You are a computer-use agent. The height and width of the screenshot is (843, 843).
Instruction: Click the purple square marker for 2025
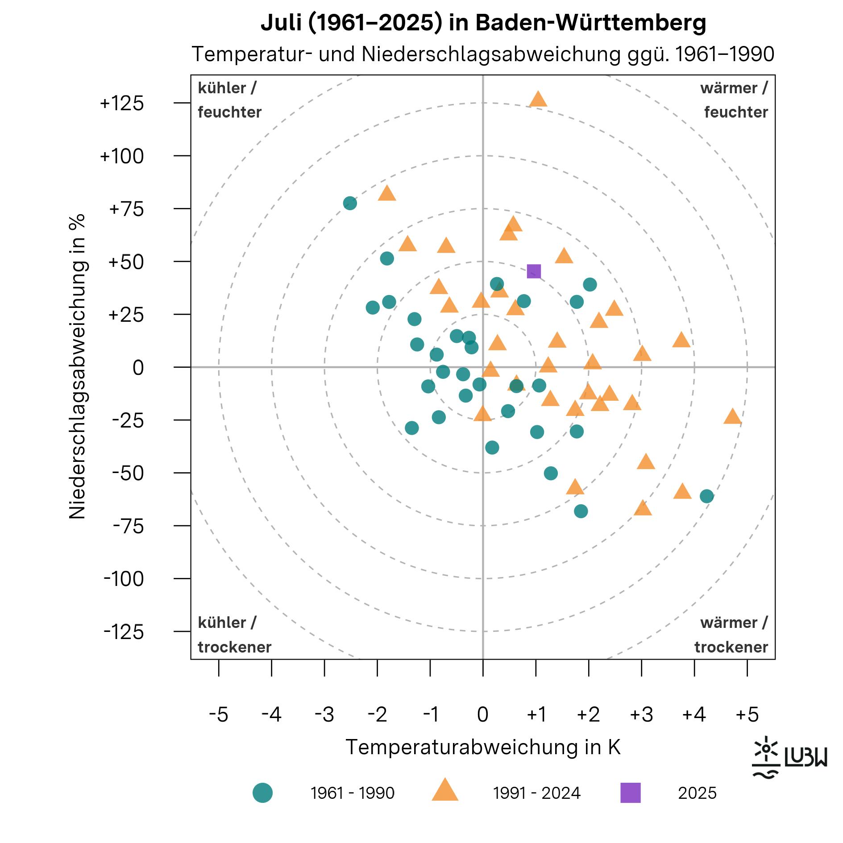pyautogui.click(x=534, y=271)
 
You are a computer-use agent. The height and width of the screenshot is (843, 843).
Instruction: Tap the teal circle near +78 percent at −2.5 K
pyautogui.click(x=350, y=203)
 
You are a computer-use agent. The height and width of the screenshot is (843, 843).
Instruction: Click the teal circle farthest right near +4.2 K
pyautogui.click(x=706, y=496)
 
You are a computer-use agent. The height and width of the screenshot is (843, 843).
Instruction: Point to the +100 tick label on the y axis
pyautogui.click(x=121, y=156)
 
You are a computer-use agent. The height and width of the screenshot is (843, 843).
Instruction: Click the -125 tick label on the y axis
pyautogui.click(x=124, y=632)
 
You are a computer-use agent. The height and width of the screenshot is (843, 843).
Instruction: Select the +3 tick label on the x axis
pyautogui.click(x=641, y=714)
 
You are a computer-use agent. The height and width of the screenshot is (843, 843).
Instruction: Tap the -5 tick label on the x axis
pyautogui.click(x=219, y=714)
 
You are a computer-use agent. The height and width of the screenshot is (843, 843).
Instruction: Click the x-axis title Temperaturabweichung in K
pyautogui.click(x=483, y=747)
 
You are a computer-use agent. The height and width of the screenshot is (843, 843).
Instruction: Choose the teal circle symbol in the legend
pyautogui.click(x=262, y=793)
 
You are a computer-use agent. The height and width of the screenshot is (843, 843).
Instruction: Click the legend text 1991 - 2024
pyautogui.click(x=536, y=793)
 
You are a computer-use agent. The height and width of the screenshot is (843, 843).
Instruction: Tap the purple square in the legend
pyautogui.click(x=630, y=793)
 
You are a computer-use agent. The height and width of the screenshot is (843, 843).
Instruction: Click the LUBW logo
pyautogui.click(x=789, y=757)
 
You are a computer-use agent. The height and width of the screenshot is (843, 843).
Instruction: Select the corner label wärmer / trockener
pyautogui.click(x=731, y=635)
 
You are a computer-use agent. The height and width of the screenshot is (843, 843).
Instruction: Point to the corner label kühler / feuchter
pyautogui.click(x=229, y=100)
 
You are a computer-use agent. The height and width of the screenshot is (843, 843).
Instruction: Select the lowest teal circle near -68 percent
pyautogui.click(x=581, y=511)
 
